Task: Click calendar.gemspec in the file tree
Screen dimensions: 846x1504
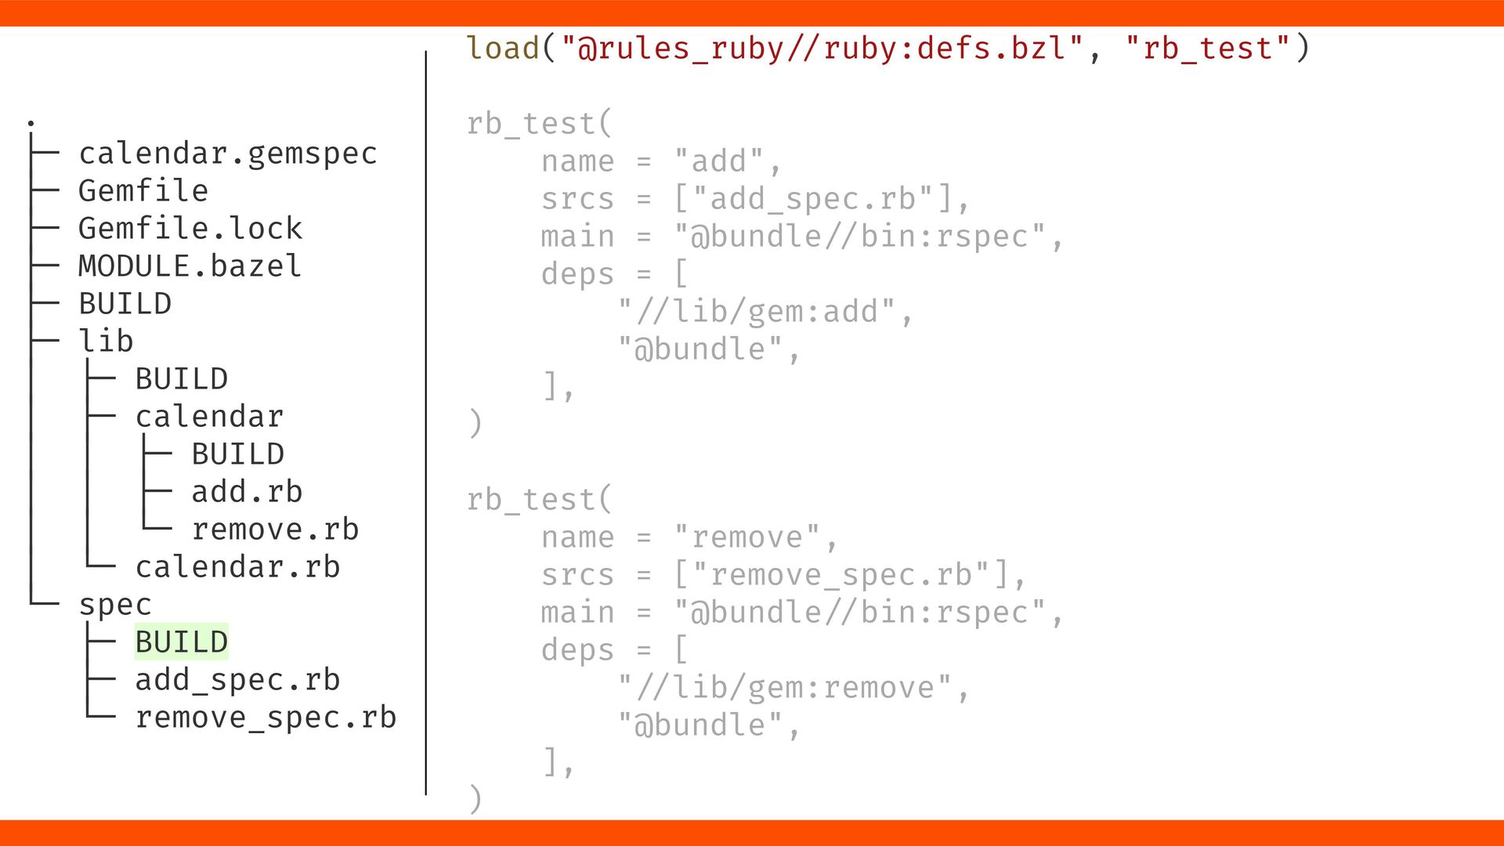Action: click(x=227, y=154)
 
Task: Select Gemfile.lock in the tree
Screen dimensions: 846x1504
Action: click(x=190, y=229)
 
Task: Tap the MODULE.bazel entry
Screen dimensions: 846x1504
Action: click(x=190, y=266)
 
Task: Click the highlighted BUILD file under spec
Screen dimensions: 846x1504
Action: click(x=181, y=642)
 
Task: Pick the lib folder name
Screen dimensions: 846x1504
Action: click(x=106, y=342)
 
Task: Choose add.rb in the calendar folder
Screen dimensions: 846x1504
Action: click(x=247, y=492)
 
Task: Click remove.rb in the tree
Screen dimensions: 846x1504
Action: click(x=275, y=530)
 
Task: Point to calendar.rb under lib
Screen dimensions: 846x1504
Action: click(x=237, y=567)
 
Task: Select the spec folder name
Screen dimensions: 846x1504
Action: click(x=114, y=605)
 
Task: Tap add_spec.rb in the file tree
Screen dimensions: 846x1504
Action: click(x=237, y=680)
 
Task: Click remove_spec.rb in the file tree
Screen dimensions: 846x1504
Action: click(x=266, y=718)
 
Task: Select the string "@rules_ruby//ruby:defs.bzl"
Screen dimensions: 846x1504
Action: click(x=822, y=49)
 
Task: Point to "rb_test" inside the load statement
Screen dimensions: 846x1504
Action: click(x=1207, y=49)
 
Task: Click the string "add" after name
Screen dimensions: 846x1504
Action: click(x=719, y=161)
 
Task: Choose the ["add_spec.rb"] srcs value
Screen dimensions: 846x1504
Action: click(x=813, y=199)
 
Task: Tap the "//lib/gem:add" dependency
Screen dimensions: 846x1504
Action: click(x=757, y=312)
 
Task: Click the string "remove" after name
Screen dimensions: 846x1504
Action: click(x=747, y=537)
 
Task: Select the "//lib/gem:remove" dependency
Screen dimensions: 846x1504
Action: click(x=785, y=688)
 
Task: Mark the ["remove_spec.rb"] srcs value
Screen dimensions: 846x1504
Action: click(x=841, y=575)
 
